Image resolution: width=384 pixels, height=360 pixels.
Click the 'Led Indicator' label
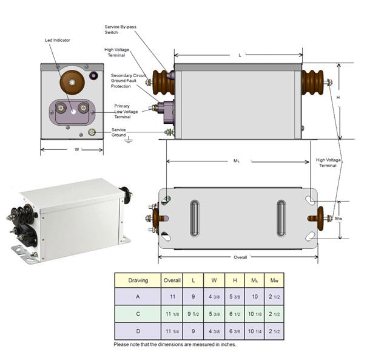(58, 40)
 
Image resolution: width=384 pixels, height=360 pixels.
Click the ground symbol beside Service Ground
(129, 140)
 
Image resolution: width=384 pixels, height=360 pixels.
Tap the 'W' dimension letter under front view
(77, 149)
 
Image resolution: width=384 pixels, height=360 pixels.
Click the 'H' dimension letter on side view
(338, 97)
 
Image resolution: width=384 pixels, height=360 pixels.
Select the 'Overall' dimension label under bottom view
(240, 257)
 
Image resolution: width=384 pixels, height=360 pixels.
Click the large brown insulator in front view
(72, 82)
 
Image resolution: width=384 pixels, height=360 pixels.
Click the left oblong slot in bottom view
(194, 218)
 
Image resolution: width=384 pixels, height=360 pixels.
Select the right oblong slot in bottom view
(281, 218)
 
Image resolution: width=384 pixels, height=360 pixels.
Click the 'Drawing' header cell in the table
(138, 280)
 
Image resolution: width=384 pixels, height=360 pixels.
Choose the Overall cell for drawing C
(172, 314)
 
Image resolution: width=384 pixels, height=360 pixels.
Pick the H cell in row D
(234, 331)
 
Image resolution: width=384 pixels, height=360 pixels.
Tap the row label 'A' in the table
(138, 297)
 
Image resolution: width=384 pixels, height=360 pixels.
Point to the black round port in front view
(94, 76)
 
